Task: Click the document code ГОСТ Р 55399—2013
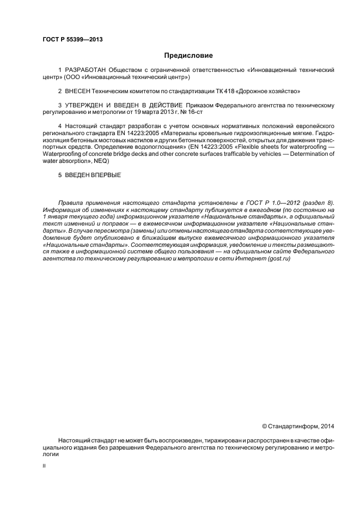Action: click(x=72, y=39)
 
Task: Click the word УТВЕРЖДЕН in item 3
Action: click(x=87, y=104)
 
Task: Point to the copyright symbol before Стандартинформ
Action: click(x=265, y=426)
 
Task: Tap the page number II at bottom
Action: click(x=44, y=466)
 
